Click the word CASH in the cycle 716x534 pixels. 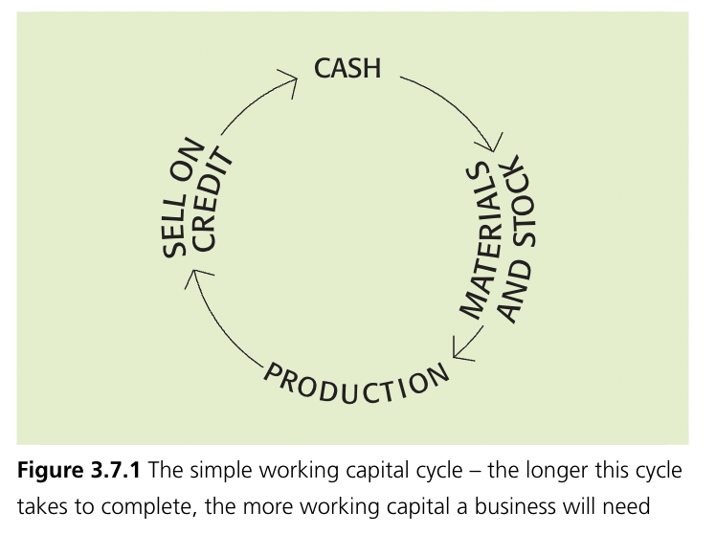point(347,68)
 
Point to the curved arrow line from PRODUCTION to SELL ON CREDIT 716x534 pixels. point(215,330)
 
